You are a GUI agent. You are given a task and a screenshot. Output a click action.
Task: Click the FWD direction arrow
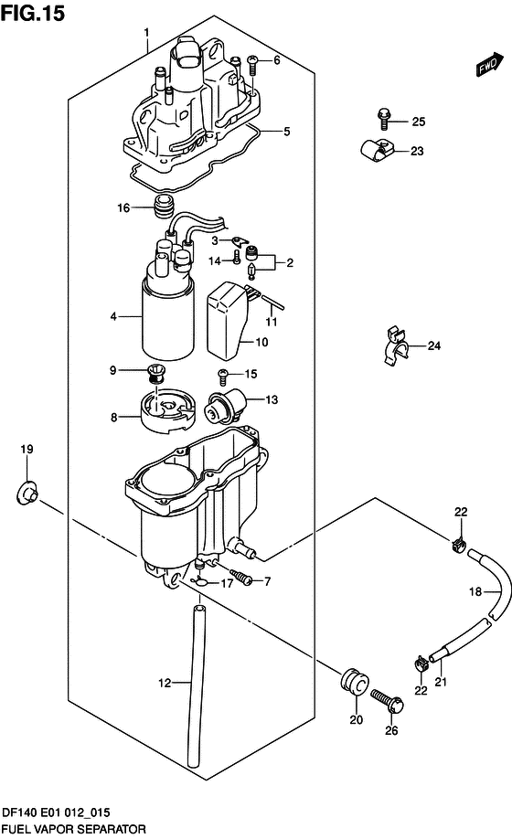coord(490,64)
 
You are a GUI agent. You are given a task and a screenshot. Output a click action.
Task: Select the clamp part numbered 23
coord(377,150)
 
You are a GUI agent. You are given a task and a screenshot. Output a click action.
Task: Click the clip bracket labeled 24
coord(395,345)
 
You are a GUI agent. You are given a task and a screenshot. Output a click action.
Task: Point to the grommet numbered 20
coord(354,682)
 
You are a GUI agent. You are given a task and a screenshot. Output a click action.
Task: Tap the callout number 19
coord(27,449)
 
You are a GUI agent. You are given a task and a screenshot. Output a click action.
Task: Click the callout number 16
coord(123,207)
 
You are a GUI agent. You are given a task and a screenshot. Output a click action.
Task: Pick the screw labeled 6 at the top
coord(253,65)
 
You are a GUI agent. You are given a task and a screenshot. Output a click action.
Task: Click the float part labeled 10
coord(227,321)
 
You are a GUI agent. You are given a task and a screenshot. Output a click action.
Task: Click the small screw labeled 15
coord(222,377)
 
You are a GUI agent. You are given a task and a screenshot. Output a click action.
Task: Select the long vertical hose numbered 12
coord(198,685)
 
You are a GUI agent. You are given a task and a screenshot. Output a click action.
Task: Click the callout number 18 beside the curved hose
coord(475,591)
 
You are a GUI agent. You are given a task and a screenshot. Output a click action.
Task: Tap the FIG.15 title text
coord(32,13)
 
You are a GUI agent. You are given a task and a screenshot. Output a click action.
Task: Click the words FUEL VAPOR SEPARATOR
coord(73,829)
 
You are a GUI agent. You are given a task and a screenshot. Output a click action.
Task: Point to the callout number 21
coord(441,682)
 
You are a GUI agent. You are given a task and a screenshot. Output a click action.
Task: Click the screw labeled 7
coord(242,578)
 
